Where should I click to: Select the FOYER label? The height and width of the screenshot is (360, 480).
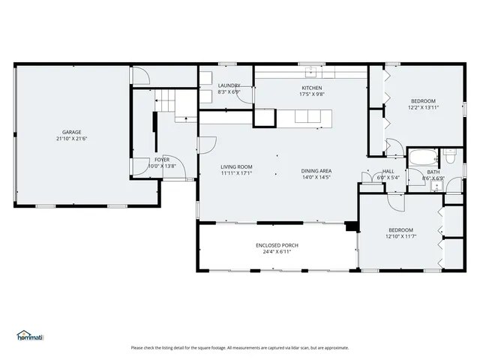click(162, 159)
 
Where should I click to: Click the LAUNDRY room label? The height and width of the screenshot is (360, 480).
click(229, 86)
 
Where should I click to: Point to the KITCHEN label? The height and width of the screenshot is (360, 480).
click(311, 88)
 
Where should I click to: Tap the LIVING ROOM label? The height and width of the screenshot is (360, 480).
click(236, 166)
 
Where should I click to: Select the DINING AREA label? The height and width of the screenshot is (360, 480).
click(316, 170)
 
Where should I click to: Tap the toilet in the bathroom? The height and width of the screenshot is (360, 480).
click(449, 157)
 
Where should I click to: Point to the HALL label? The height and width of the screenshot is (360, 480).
click(388, 171)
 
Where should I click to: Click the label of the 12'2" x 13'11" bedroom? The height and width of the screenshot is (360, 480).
click(423, 100)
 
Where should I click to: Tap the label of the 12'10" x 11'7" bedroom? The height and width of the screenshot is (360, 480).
click(400, 229)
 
